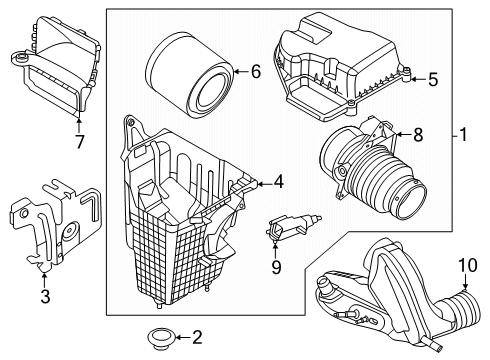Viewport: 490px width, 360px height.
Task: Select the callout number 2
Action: pyautogui.click(x=196, y=336)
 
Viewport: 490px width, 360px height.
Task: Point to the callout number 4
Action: pyautogui.click(x=279, y=182)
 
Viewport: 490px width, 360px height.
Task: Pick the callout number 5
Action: pyautogui.click(x=433, y=76)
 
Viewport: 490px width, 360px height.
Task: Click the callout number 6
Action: pyautogui.click(x=255, y=71)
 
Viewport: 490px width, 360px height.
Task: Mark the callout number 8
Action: pyautogui.click(x=417, y=132)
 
